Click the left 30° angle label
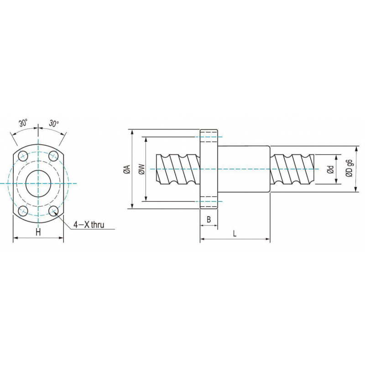pyautogui.click(x=23, y=123)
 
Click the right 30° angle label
pyautogui.click(x=54, y=123)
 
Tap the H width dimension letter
pyautogui.click(x=38, y=232)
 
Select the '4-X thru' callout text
pyautogui.click(x=89, y=224)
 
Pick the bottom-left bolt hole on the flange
pyautogui.click(x=23, y=211)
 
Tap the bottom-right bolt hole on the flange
pyautogui.click(x=53, y=211)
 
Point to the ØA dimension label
pyautogui.click(x=127, y=169)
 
